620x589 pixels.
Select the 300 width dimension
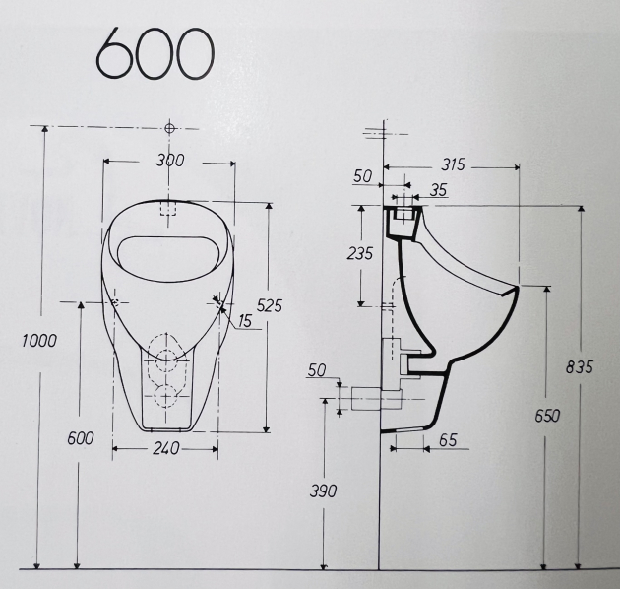click(169, 161)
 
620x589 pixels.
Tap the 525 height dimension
click(268, 306)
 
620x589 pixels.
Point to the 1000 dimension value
click(39, 340)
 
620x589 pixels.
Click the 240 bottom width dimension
click(166, 449)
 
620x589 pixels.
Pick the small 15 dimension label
click(243, 321)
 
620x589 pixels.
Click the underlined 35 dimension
click(439, 190)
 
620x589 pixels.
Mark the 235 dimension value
click(360, 253)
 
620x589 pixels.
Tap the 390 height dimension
click(323, 491)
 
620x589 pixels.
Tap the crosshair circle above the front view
click(170, 128)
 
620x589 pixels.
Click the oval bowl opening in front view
click(167, 254)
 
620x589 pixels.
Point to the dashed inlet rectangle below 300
click(168, 209)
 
